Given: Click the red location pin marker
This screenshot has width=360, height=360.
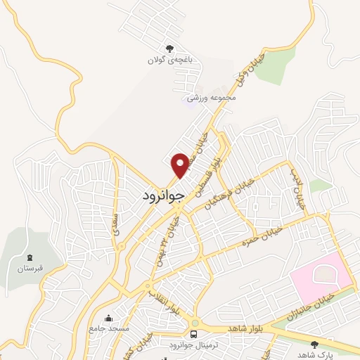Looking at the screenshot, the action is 181,165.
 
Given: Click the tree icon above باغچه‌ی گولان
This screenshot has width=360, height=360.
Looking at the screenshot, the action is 169,49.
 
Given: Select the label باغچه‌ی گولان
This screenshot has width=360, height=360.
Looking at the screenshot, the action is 169,60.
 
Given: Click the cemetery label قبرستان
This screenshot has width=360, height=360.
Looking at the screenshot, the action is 30,269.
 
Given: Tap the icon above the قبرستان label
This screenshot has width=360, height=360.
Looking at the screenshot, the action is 30,257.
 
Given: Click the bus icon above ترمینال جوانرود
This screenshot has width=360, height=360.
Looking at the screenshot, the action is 193,333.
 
